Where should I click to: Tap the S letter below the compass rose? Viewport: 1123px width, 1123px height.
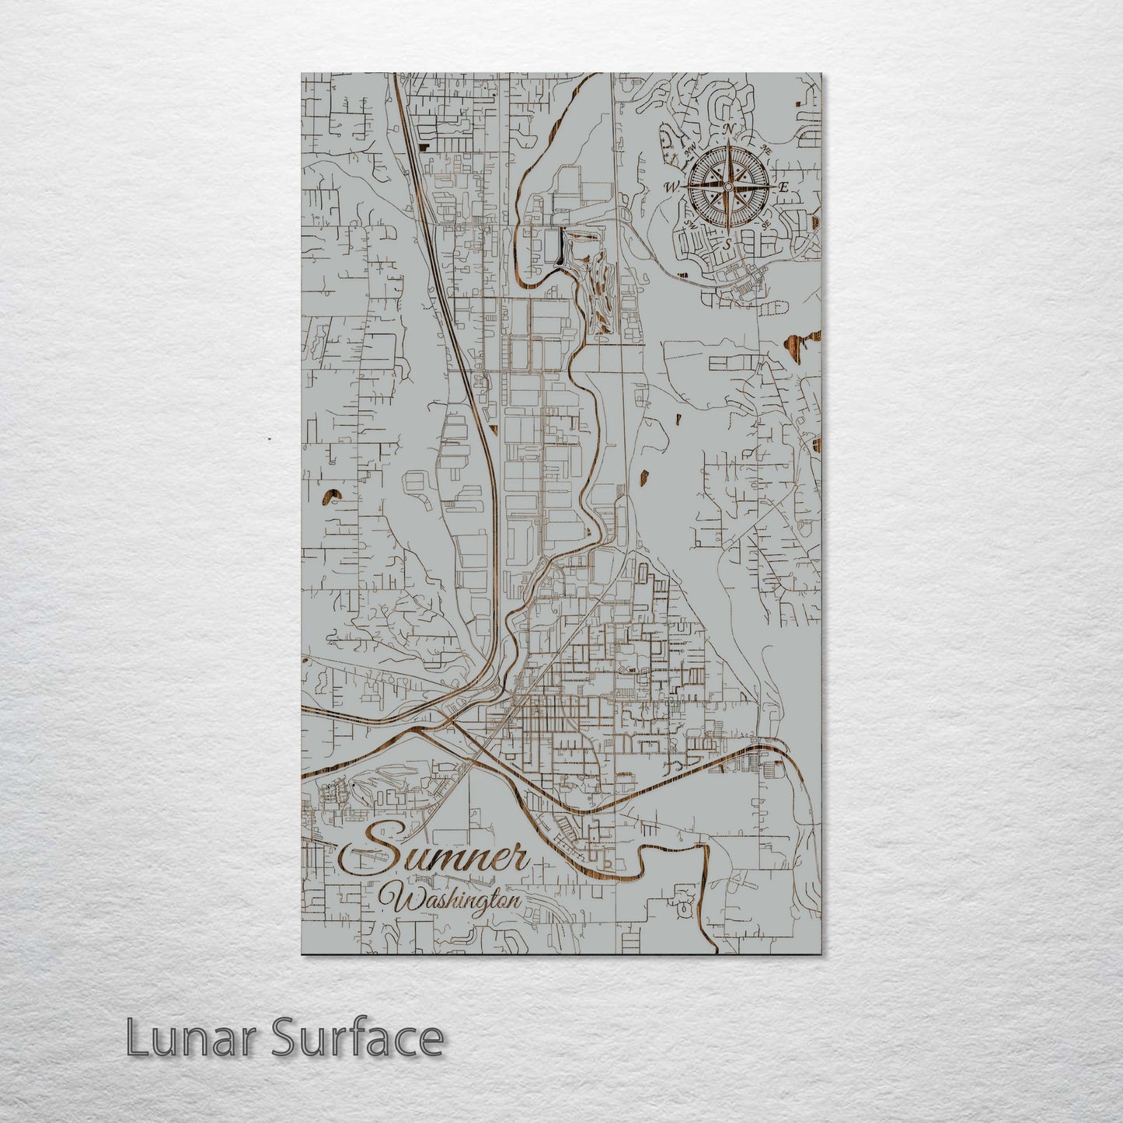727,243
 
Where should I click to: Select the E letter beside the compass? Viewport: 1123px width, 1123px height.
784,187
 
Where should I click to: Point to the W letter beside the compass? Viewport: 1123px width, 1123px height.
671,187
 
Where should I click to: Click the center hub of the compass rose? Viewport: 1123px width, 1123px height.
728,187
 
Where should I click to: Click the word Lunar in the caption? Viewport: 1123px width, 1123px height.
187,1038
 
